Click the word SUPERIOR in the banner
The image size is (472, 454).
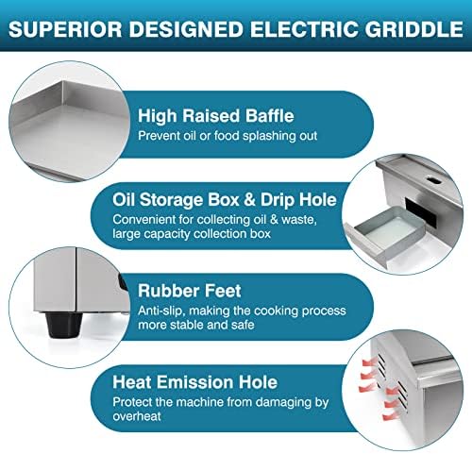click(65, 29)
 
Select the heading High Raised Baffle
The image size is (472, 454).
click(216, 115)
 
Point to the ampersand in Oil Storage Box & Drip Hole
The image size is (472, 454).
click(249, 200)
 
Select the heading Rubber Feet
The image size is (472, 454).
click(190, 291)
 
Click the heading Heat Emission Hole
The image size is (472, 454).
click(195, 382)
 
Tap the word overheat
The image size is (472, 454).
click(137, 416)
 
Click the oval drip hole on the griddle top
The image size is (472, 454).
click(434, 179)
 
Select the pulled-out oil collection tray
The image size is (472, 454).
click(385, 234)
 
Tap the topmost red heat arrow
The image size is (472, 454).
click(367, 362)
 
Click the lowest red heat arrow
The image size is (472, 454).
click(390, 415)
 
